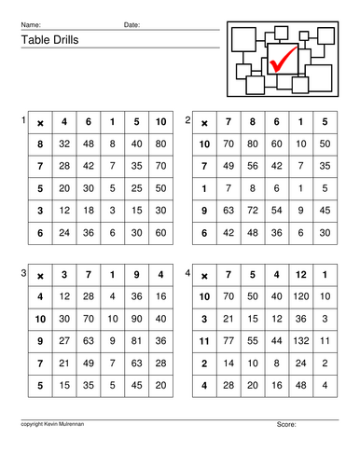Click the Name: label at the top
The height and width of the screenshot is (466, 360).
pos(31,24)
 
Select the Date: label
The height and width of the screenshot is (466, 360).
pos(132,24)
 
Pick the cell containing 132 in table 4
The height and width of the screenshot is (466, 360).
pos(300,341)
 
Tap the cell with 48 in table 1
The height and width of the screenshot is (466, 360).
pos(90,144)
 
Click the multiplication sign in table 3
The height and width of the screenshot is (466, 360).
pos(41,276)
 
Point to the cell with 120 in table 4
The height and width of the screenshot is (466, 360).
pos(300,297)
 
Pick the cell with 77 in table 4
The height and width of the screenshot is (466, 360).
pos(228,341)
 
